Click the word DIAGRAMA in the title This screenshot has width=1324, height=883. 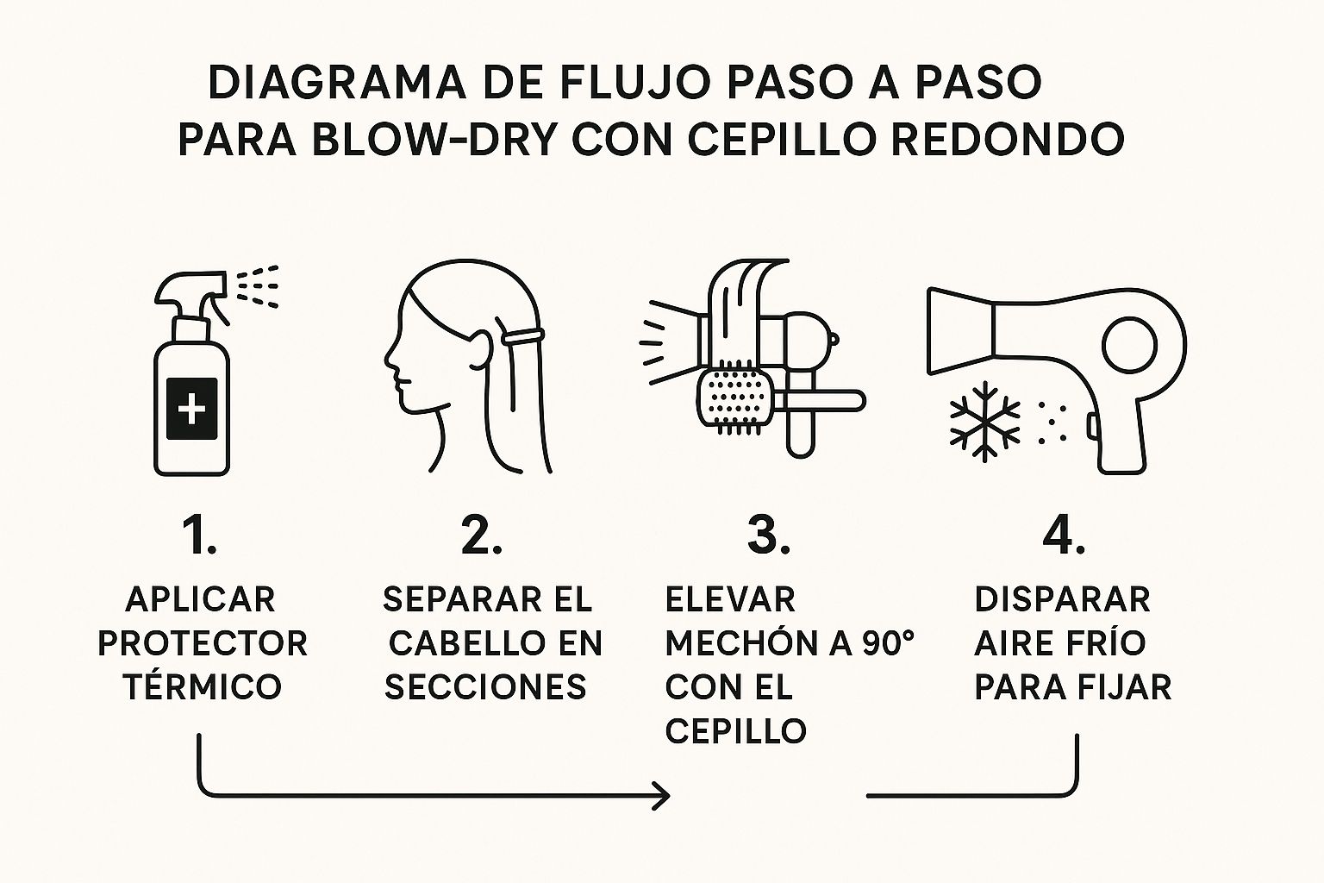point(337,83)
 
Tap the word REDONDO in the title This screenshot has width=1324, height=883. point(1007,140)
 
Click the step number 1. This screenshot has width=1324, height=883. point(199,535)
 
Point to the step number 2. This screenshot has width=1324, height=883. point(481,535)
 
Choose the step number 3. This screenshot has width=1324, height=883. point(768,535)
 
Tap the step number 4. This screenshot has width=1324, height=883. point(1064,535)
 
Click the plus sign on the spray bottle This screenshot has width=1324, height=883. point(191,410)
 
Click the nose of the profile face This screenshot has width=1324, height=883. point(389,358)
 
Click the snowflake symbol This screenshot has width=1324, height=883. point(984,421)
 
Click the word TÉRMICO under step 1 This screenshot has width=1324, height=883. point(203,686)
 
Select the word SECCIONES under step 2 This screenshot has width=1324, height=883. point(485,686)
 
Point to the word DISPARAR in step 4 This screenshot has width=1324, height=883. point(1062,599)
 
